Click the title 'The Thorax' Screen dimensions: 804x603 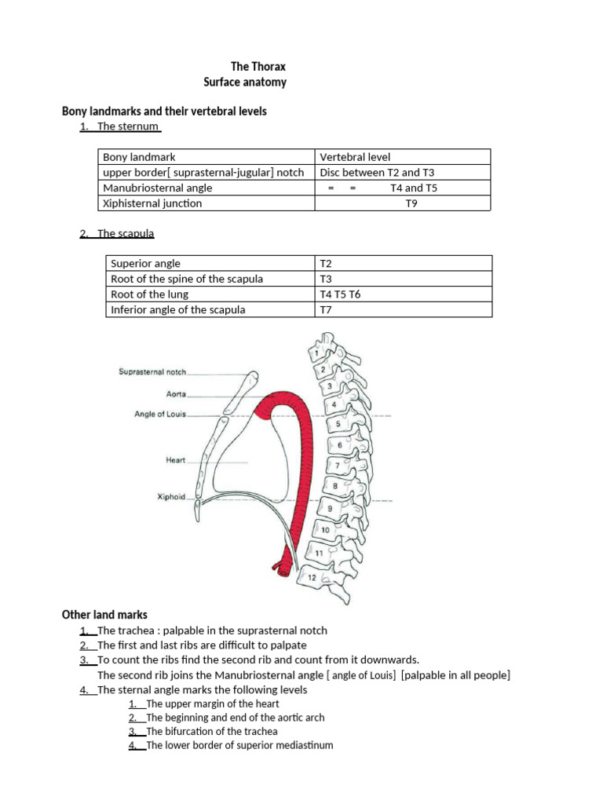[x=258, y=67]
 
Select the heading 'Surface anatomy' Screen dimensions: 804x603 [x=245, y=82]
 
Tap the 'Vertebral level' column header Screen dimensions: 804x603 [x=355, y=157]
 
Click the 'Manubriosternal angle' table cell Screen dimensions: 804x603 [x=158, y=188]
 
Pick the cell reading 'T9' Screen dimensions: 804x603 [x=411, y=203]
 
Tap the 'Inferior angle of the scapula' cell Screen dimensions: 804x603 [x=178, y=309]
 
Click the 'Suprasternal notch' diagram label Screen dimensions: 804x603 [x=152, y=371]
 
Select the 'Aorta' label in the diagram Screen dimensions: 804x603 [x=175, y=394]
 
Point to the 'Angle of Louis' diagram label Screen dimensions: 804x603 [x=160, y=414]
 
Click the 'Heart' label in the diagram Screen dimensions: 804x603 [x=175, y=460]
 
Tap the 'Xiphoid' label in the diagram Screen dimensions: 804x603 [x=172, y=497]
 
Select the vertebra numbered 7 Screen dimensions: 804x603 [x=337, y=465]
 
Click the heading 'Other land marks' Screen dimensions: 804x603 [x=104, y=614]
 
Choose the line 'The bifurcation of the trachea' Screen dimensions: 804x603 [x=213, y=731]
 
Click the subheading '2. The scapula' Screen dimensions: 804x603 [x=118, y=233]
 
